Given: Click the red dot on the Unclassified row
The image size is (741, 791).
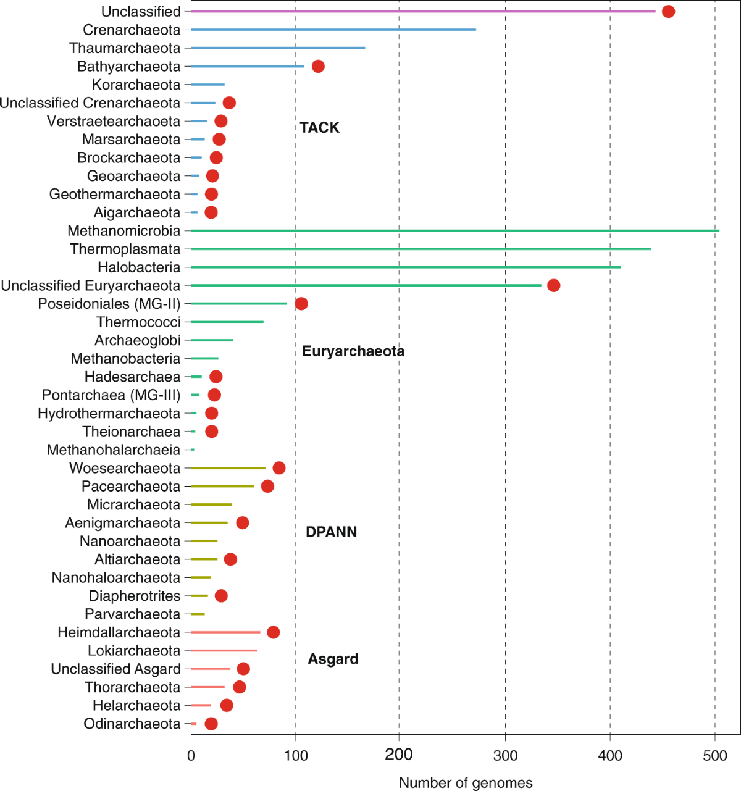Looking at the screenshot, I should click(668, 12).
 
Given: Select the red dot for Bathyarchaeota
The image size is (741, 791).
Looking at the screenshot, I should click(318, 67).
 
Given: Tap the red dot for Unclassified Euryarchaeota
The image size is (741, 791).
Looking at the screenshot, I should click(554, 285).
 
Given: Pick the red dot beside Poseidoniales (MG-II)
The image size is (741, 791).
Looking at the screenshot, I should click(301, 304).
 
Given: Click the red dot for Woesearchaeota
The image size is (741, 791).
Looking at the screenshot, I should click(279, 468).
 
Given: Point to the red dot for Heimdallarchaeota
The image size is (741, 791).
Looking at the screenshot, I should click(274, 632).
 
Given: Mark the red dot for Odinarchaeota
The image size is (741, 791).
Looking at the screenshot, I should click(211, 724).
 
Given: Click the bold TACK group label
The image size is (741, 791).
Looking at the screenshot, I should click(319, 128).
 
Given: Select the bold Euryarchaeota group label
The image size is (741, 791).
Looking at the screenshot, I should click(353, 351).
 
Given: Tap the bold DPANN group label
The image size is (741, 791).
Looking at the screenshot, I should click(331, 532).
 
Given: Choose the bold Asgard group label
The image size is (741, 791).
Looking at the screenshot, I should click(333, 659).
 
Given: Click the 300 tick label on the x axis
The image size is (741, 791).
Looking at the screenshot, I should click(505, 755).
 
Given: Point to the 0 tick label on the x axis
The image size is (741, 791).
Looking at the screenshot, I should click(191, 755).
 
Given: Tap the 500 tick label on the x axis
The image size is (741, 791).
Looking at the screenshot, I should click(715, 755).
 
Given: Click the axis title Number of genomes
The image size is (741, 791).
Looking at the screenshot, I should click(466, 783).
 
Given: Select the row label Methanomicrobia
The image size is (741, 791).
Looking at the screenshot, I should click(124, 231).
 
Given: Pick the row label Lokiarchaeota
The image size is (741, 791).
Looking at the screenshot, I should click(134, 651).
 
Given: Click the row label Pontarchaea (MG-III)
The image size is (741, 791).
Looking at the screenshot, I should click(111, 395).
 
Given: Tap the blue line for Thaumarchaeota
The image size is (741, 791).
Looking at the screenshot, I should click(278, 48).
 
